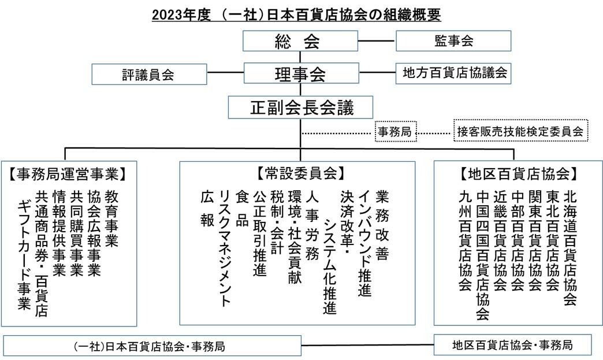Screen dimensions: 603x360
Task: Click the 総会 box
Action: [x=300, y=41]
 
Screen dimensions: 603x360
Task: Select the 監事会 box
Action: [x=453, y=41]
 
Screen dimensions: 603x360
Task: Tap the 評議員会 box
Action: [x=149, y=74]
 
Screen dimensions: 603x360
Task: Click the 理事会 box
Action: [x=301, y=73]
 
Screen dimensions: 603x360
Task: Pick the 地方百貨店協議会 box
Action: [x=453, y=73]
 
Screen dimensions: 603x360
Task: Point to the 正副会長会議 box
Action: [x=300, y=107]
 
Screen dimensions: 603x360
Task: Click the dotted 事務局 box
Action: [x=396, y=132]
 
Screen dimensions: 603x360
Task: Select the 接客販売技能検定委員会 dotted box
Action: [x=521, y=131]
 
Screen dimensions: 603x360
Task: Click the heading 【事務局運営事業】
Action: [x=67, y=174]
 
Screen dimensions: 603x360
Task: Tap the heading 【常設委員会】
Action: [x=300, y=173]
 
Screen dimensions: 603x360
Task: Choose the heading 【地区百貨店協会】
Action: [x=519, y=174]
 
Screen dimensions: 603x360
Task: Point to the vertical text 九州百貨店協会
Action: [x=466, y=241]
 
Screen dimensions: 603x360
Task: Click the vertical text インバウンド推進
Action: [x=364, y=243]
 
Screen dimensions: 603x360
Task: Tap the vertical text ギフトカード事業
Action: [x=24, y=255]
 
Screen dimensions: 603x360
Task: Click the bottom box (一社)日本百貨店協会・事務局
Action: [x=152, y=346]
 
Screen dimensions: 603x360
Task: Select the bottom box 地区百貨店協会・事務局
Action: [x=513, y=344]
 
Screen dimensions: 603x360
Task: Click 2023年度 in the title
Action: [x=181, y=15]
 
